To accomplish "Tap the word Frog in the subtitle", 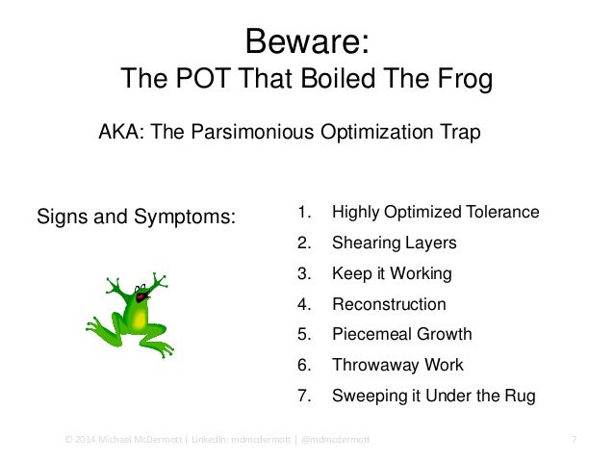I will tap(457, 79).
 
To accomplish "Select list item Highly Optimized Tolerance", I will tap(435, 212).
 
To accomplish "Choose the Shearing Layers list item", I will tap(394, 243).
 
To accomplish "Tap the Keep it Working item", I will tap(391, 273).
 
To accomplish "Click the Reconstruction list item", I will tap(389, 304).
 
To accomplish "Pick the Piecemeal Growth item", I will tap(401, 334).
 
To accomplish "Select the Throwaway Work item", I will tap(397, 365).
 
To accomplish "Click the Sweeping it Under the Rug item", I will tap(432, 396).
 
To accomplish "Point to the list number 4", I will tap(303, 304).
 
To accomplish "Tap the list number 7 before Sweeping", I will tap(303, 396).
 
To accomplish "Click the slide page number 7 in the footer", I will tap(574, 440).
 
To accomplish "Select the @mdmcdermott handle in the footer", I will tap(341, 440).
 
